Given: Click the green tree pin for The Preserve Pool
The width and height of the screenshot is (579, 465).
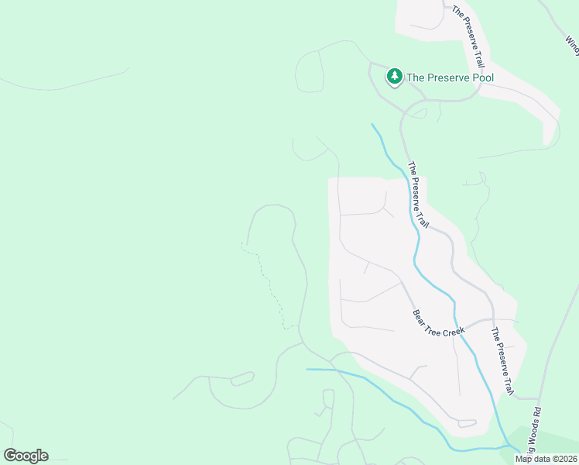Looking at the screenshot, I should [x=395, y=76].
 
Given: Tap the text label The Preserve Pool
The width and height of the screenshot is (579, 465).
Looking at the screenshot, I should [x=450, y=77].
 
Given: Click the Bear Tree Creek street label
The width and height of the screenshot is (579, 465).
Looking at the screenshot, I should [x=438, y=323].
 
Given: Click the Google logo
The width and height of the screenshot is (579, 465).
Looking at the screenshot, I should [x=26, y=456].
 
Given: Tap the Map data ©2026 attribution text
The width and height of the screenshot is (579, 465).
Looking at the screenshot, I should [x=546, y=459].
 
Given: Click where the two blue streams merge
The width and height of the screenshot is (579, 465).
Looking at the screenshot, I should [x=508, y=446].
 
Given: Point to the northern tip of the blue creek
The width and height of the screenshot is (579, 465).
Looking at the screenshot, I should [x=372, y=124].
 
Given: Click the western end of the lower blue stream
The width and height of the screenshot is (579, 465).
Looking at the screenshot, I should [x=307, y=370].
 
